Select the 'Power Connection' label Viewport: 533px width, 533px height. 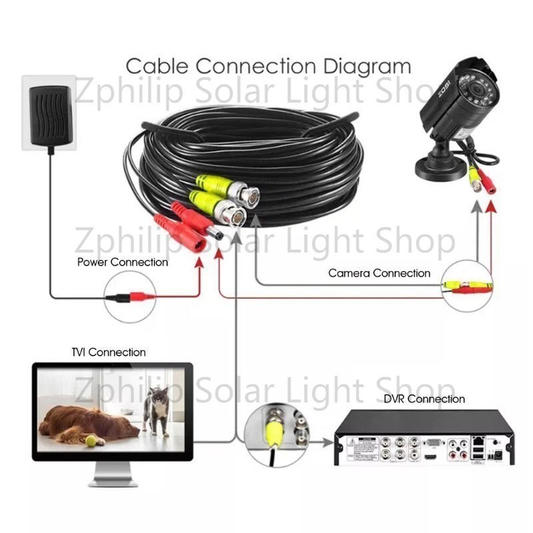(x=123, y=262)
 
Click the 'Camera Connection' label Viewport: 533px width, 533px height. (x=379, y=273)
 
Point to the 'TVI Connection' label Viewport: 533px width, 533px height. (x=108, y=352)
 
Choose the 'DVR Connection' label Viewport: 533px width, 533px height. (x=424, y=399)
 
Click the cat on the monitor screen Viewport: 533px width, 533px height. (x=158, y=410)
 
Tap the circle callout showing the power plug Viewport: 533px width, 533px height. (x=130, y=298)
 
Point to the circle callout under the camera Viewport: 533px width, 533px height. (x=469, y=286)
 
